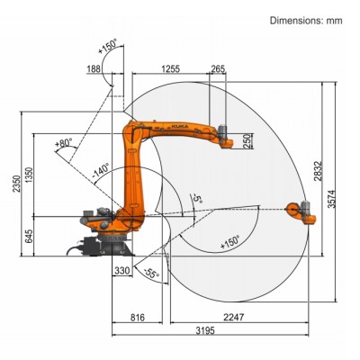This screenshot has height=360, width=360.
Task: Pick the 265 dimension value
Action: point(218,67)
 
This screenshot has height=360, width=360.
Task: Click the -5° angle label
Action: point(195,196)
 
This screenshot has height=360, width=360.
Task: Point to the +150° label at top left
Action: point(112,47)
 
